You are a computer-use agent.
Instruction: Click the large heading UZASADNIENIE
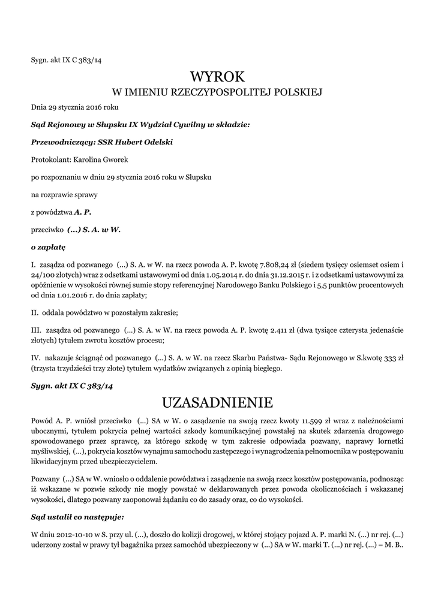(217, 401)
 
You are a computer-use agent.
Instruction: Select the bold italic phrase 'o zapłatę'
(48, 246)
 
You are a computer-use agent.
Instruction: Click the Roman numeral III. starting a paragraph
(36, 330)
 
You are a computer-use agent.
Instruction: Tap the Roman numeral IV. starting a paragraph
(36, 358)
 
